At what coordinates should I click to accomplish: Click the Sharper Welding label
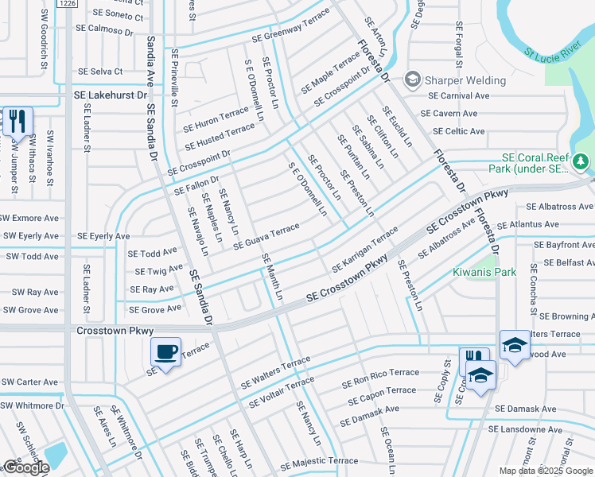point(465,80)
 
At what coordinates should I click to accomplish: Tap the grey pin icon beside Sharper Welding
point(412,79)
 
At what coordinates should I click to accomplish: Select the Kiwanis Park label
point(484,273)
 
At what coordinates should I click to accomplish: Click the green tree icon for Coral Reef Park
point(581,162)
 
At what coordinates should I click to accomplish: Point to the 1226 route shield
point(67,4)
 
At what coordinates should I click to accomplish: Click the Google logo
point(26,467)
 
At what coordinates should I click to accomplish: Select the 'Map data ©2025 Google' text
point(545,471)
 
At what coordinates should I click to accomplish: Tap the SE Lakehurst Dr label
point(111,95)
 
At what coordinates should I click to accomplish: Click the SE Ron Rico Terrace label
point(380,373)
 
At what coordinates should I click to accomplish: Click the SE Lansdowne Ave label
point(526,429)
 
